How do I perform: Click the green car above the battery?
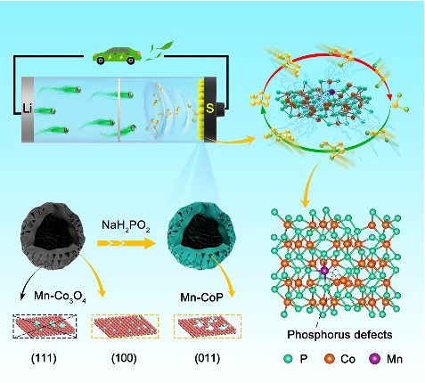click(117, 55)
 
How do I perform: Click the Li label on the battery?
click(28, 109)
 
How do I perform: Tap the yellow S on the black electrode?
click(209, 109)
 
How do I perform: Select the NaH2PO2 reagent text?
click(126, 225)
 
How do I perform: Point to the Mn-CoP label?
click(201, 297)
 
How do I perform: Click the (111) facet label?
click(44, 358)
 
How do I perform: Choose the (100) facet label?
click(124, 358)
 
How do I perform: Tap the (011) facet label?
click(208, 358)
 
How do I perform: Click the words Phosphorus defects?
click(339, 335)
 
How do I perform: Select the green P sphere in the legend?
click(288, 359)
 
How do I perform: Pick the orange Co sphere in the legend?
click(330, 359)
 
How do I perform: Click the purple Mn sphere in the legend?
click(374, 359)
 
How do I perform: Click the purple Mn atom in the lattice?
click(324, 271)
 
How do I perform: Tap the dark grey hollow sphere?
click(53, 236)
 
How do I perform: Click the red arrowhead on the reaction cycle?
click(389, 97)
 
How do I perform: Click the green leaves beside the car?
click(159, 51)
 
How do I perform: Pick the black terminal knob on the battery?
click(220, 109)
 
